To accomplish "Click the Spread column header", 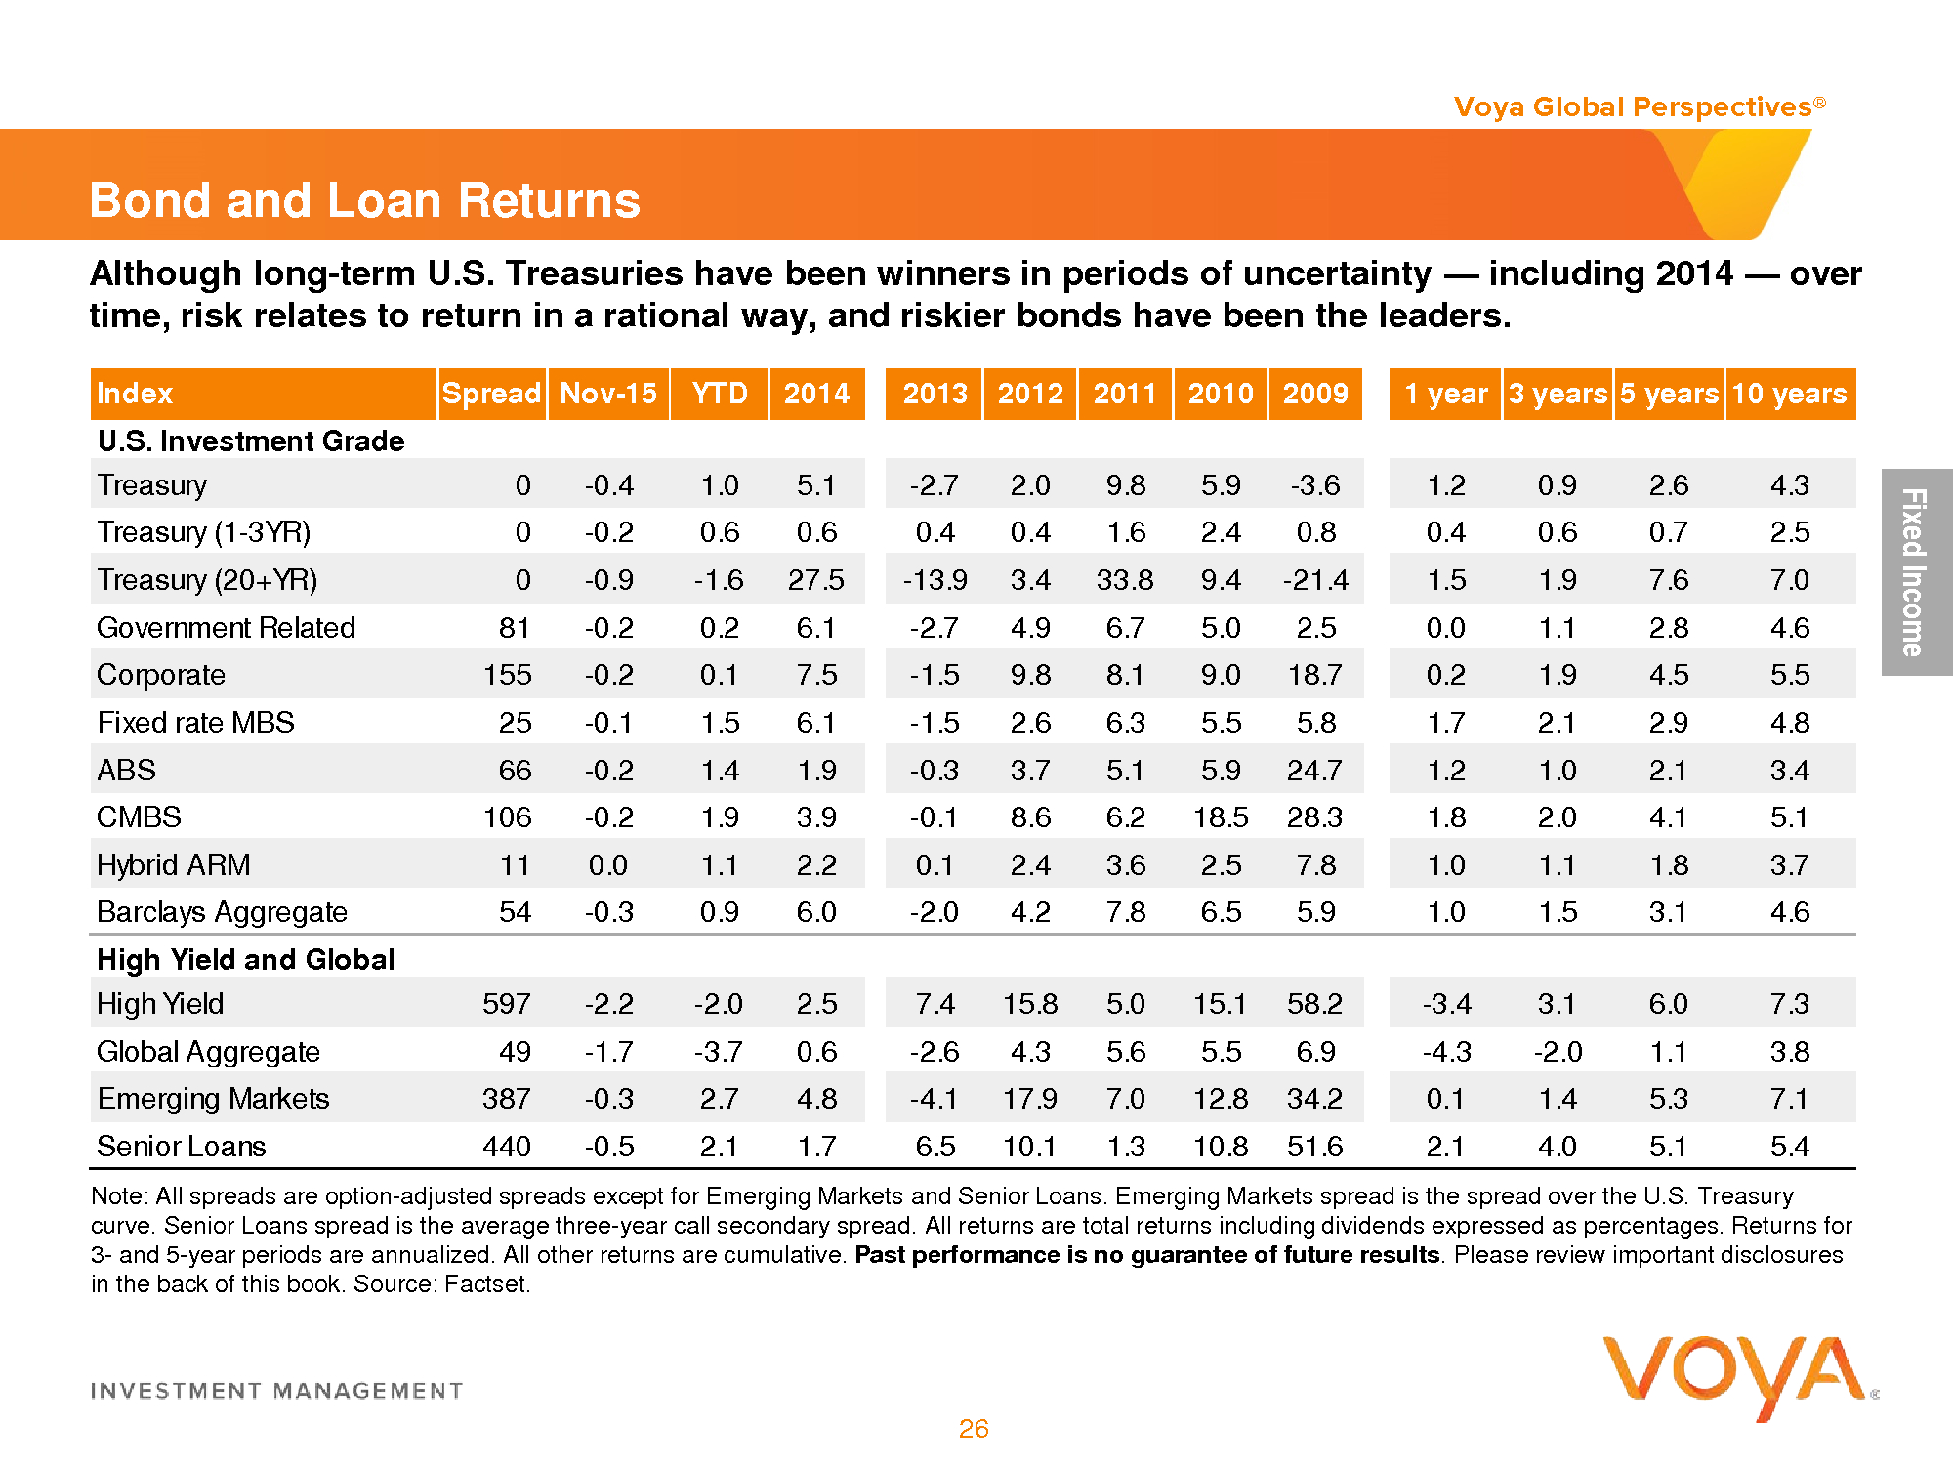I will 491,394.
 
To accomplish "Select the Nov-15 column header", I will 608,394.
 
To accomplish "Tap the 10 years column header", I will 1789,394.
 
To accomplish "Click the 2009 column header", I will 1315,394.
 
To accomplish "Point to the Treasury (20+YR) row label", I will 207,580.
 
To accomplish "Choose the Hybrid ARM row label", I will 174,865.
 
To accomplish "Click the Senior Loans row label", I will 182,1147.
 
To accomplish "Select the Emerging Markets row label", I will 213,1099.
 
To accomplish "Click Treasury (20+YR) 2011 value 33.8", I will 1125,580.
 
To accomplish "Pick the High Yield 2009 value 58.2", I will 1314,1004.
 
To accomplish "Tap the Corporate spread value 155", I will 508,675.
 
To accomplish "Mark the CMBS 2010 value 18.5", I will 1221,817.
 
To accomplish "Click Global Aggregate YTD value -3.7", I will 718,1052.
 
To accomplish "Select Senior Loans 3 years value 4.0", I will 1557,1147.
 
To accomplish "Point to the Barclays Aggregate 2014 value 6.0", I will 816,912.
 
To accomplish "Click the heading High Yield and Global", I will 246,960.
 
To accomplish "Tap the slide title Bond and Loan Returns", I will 364,200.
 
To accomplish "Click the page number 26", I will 974,1429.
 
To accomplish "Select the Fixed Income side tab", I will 1915,572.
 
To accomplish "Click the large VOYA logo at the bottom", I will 1734,1373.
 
